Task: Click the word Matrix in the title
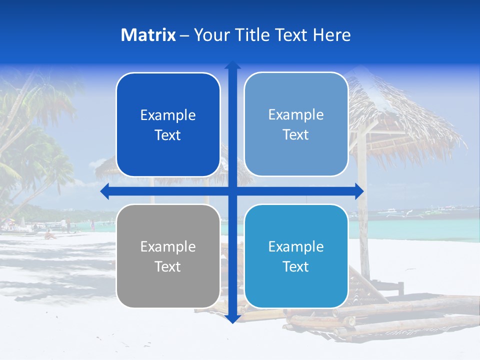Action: coord(148,35)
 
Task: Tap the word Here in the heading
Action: coord(331,35)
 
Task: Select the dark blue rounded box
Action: coord(168,125)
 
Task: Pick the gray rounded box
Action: coord(168,256)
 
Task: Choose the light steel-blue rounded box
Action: coord(296,124)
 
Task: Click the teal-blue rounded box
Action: coord(296,256)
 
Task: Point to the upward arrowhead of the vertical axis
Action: coord(232,65)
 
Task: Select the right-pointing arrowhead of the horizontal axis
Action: coord(359,191)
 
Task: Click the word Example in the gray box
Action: coord(168,246)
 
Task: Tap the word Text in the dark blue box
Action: coord(168,135)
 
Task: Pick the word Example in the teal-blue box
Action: coord(296,246)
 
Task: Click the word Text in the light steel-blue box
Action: coord(296,134)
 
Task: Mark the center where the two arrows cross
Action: coord(232,191)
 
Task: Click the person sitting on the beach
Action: coord(49,234)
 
